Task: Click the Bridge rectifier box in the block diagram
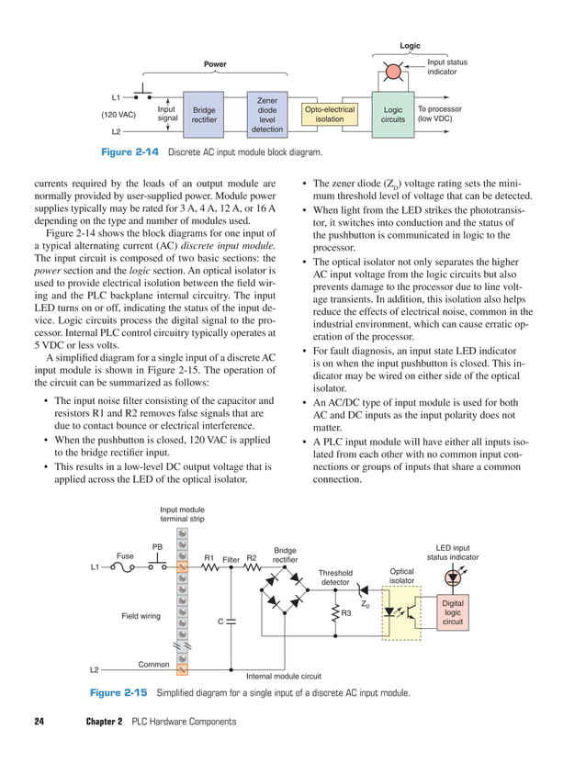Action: [x=204, y=114]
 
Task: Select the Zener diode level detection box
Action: [x=267, y=114]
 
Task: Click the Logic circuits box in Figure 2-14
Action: [x=392, y=114]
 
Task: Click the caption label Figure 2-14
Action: [x=115, y=151]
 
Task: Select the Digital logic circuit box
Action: [x=453, y=612]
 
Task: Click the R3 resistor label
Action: [x=346, y=612]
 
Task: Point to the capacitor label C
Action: [x=220, y=622]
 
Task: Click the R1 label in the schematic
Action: [x=208, y=557]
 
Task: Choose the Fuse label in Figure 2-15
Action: [x=125, y=555]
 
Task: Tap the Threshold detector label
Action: [x=335, y=577]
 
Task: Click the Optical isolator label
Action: [x=401, y=576]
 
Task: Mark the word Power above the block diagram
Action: [x=214, y=64]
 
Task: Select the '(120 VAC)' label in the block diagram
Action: [x=118, y=115]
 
